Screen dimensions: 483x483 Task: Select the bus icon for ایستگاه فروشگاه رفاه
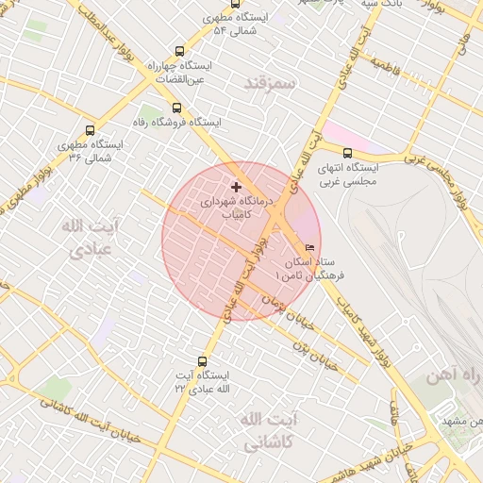click(177, 107)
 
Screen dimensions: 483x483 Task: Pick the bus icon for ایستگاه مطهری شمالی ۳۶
click(91, 131)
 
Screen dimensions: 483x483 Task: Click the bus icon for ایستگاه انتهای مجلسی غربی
click(347, 153)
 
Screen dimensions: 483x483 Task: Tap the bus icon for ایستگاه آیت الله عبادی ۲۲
click(202, 361)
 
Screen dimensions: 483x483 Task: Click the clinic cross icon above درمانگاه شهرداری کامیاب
click(236, 188)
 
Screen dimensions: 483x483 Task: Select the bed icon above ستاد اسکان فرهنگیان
click(310, 248)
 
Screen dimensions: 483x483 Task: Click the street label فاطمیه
click(389, 65)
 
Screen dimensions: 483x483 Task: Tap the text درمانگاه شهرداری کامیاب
click(236, 208)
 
